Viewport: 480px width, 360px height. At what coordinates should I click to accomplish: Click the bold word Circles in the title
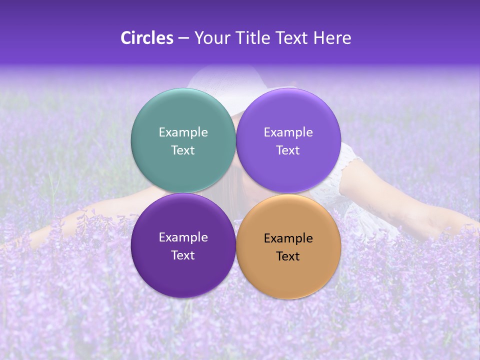pyautogui.click(x=147, y=38)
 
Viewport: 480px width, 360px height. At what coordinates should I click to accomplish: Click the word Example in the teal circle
pyautogui.click(x=183, y=132)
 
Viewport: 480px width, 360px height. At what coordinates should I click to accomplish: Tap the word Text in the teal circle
pyautogui.click(x=183, y=150)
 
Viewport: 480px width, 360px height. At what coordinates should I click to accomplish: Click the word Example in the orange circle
pyautogui.click(x=288, y=238)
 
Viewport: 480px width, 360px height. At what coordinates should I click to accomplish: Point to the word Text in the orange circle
pyautogui.click(x=288, y=256)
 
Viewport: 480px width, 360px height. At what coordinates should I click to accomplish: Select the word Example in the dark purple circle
pyautogui.click(x=183, y=237)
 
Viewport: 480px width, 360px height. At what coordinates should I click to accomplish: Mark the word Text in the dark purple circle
pyautogui.click(x=183, y=255)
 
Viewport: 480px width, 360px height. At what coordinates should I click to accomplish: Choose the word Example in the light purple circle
pyautogui.click(x=288, y=132)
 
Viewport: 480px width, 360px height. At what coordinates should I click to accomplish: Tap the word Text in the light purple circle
pyautogui.click(x=288, y=150)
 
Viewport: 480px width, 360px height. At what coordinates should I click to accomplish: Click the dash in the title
pyautogui.click(x=183, y=38)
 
